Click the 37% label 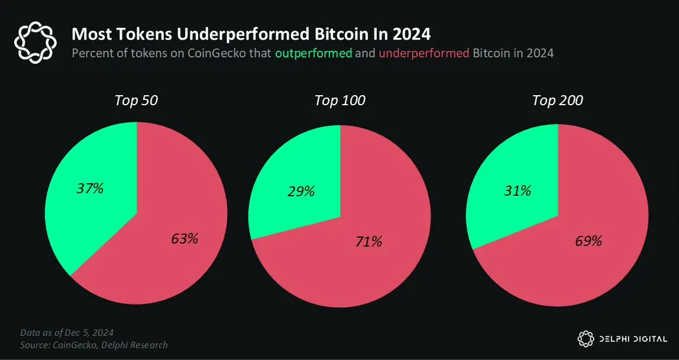point(90,189)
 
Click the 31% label point(517,191)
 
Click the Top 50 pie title point(136,100)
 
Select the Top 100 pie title point(340,100)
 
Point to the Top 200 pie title point(557,100)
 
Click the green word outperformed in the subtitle point(313,53)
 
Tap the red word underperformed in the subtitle point(424,53)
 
